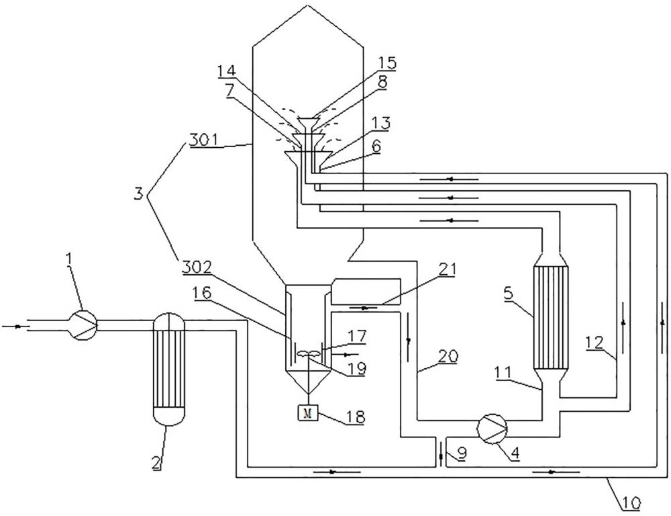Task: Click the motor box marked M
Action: pyautogui.click(x=307, y=413)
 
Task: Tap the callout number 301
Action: pyautogui.click(x=204, y=140)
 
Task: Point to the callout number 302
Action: pyautogui.click(x=197, y=268)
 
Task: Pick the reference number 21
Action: pyautogui.click(x=446, y=270)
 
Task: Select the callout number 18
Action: pyautogui.click(x=356, y=417)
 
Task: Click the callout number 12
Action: pyautogui.click(x=595, y=343)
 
